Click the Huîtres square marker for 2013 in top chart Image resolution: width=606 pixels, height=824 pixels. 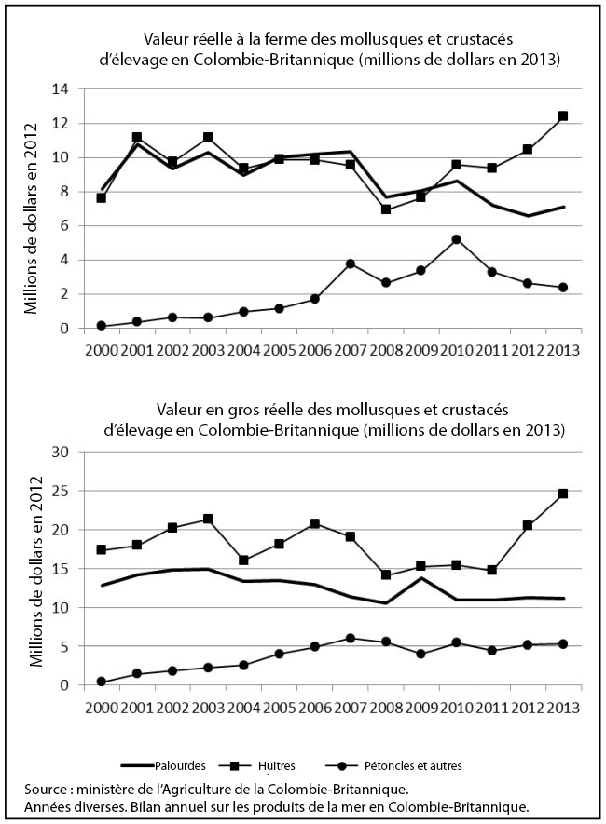(x=563, y=116)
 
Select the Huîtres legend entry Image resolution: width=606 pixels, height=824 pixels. (x=275, y=765)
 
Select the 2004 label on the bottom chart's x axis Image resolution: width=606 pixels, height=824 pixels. (x=243, y=707)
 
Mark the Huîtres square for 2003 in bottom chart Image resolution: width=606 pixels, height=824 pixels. (x=208, y=519)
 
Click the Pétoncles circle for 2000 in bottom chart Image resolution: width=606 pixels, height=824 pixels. (x=101, y=682)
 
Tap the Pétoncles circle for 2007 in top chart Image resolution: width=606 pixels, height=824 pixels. (x=350, y=263)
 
